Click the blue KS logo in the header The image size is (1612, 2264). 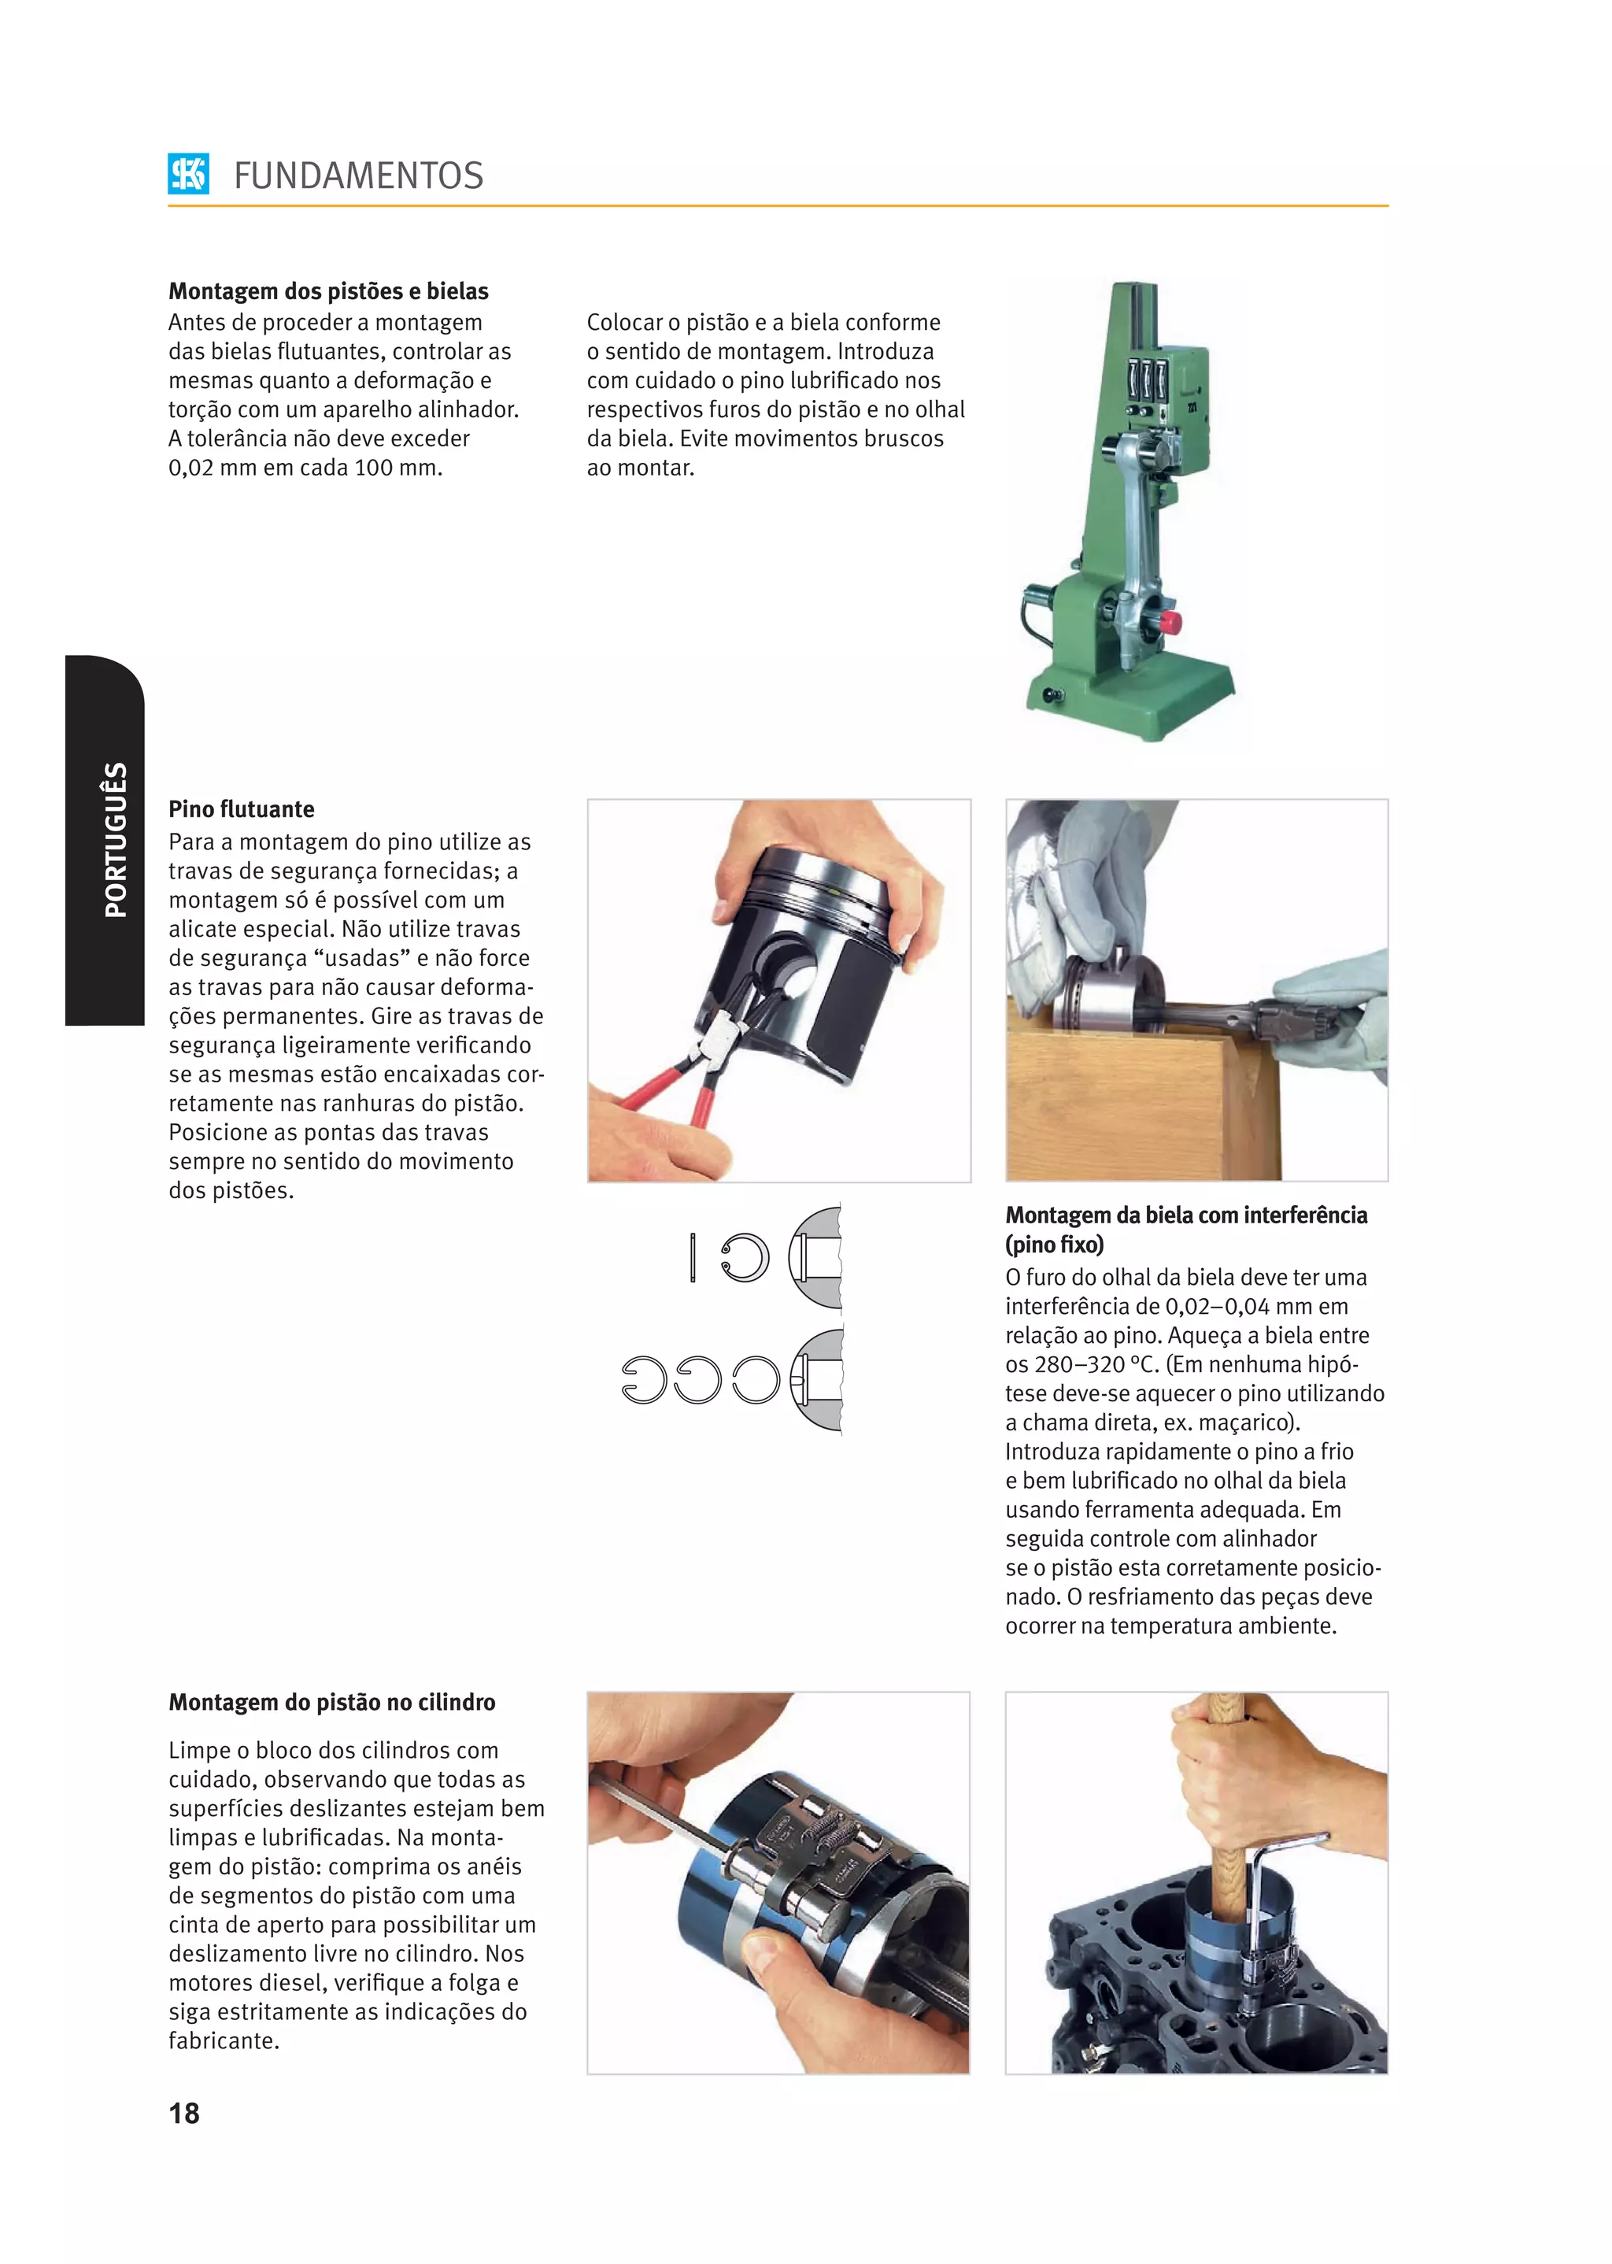pyautogui.click(x=189, y=174)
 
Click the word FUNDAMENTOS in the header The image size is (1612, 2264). pyautogui.click(x=358, y=176)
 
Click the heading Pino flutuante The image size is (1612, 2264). pyautogui.click(x=241, y=809)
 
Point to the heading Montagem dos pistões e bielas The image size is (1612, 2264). pyautogui.click(x=328, y=290)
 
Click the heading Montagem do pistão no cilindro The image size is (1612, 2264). pyautogui.click(x=331, y=1702)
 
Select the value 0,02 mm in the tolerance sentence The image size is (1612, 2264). pyautogui.click(x=205, y=468)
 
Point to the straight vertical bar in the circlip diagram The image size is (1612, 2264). pyautogui.click(x=693, y=1257)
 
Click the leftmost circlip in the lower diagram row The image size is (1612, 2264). pyautogui.click(x=643, y=1380)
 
